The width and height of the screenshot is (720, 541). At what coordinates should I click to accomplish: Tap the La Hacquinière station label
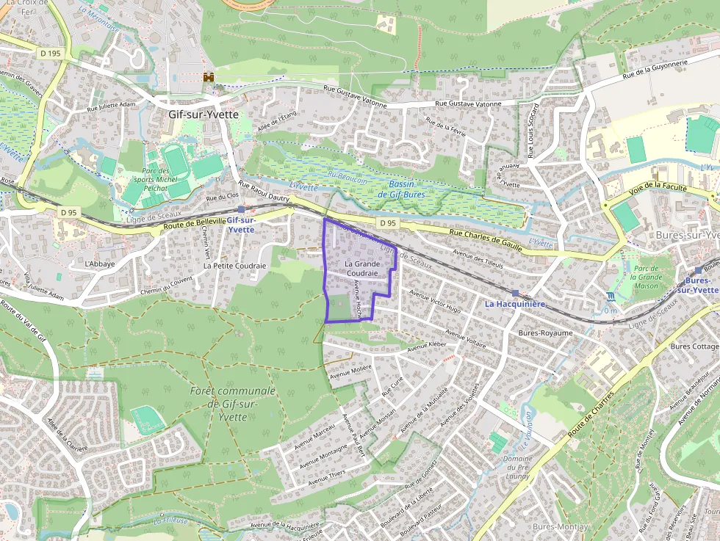tap(515, 303)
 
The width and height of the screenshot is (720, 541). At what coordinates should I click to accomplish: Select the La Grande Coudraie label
tap(361, 268)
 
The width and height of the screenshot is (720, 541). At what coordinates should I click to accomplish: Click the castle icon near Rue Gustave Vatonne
tap(209, 76)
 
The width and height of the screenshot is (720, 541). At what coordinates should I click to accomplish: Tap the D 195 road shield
tap(51, 53)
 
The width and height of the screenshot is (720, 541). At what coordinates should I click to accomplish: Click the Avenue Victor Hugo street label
tap(435, 302)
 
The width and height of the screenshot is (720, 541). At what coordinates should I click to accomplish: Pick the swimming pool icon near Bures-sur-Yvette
tap(611, 297)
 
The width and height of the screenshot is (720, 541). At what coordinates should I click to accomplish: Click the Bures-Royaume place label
tap(545, 333)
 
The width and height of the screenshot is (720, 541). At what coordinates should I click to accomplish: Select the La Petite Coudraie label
tap(235, 266)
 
